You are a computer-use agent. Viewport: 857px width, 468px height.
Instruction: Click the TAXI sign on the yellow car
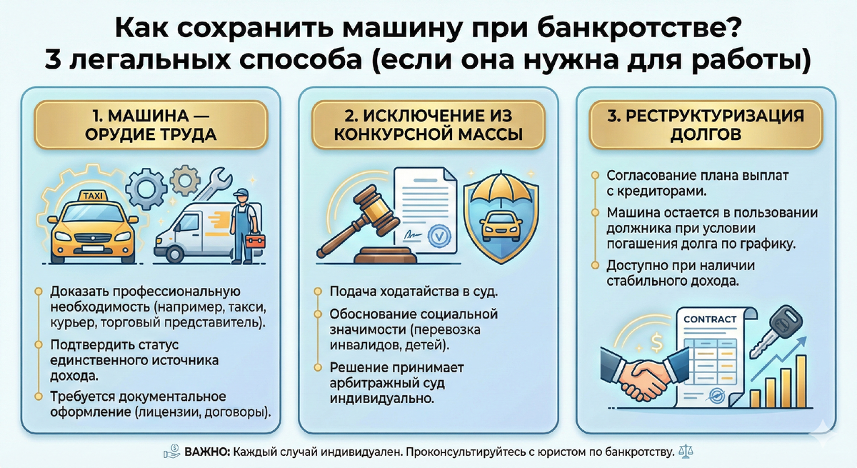point(93,196)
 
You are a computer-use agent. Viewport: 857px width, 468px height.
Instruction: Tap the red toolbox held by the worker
point(255,241)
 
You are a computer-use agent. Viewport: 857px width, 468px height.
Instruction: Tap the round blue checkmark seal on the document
point(439,236)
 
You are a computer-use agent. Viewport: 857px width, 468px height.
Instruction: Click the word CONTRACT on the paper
point(710,319)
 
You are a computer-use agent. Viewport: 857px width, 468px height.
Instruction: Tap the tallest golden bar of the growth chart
point(801,381)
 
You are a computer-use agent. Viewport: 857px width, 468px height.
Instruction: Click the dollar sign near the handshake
point(656,342)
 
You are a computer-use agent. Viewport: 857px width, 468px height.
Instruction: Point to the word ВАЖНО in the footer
point(207,452)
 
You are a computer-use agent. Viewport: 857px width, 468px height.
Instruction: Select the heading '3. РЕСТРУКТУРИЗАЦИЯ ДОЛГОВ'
point(706,125)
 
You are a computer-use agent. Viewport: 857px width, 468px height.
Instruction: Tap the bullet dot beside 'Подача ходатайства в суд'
point(318,292)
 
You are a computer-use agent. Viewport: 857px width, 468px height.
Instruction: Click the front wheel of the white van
point(174,254)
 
